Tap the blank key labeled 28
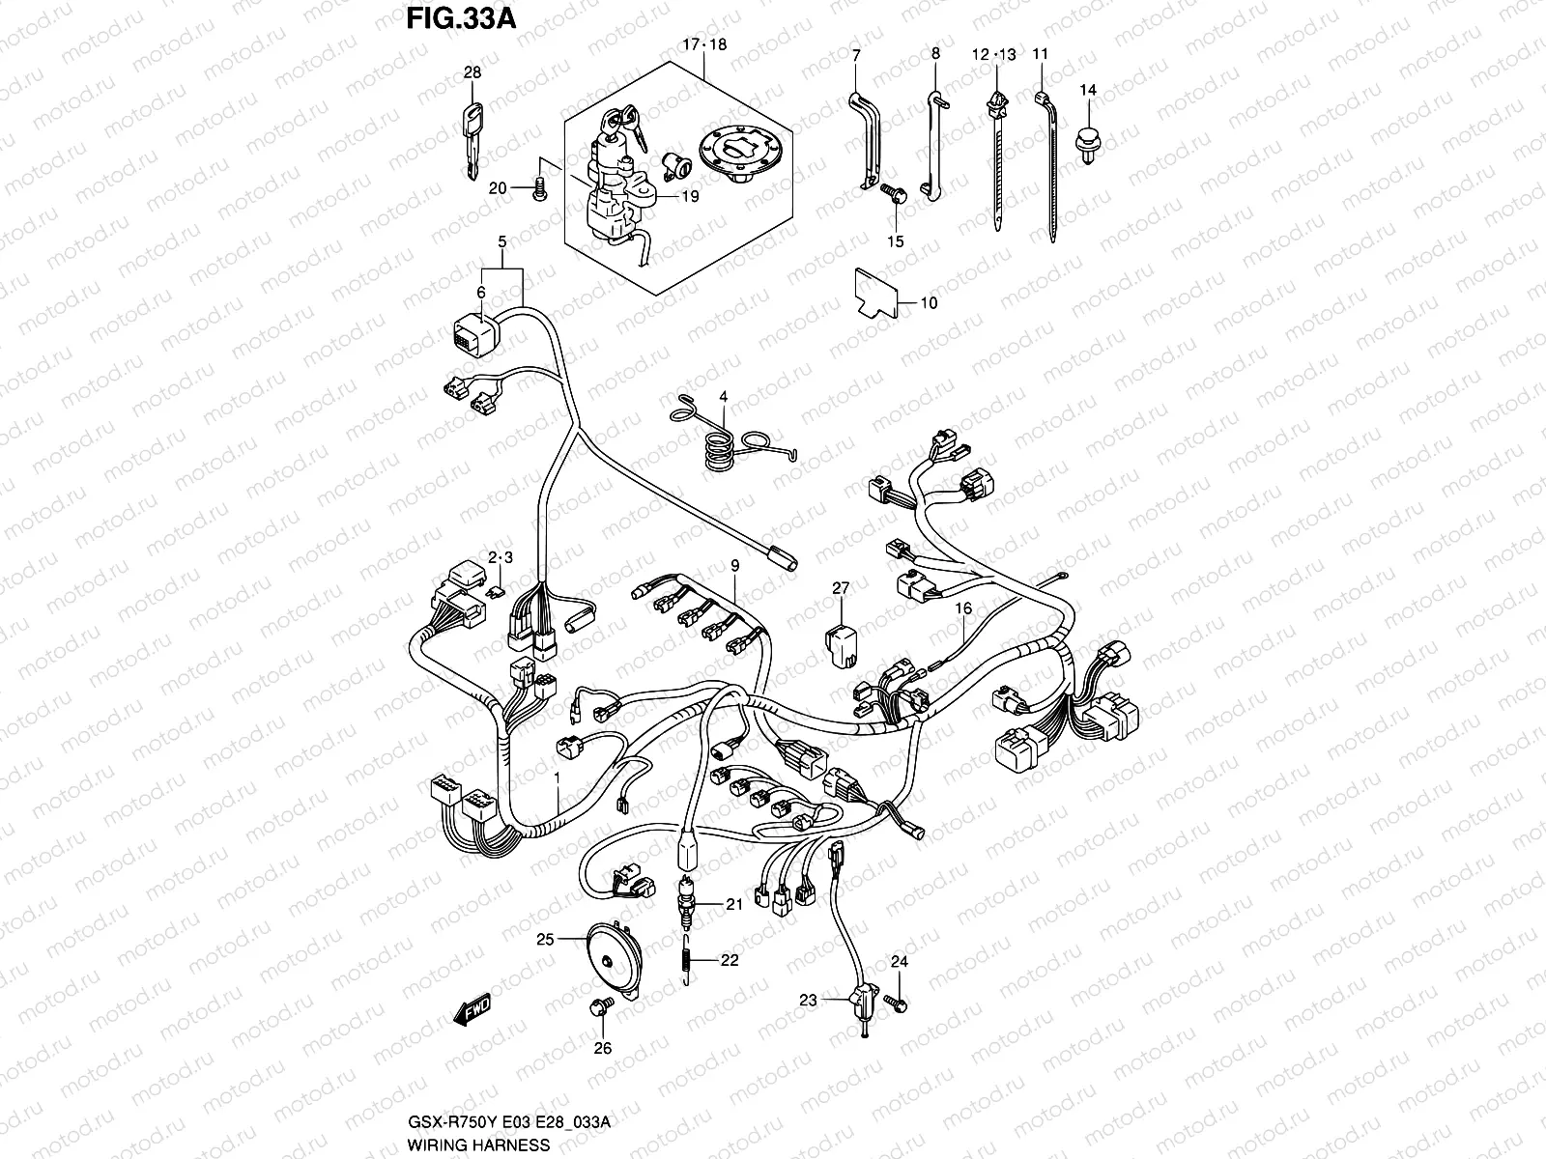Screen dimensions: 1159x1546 pyautogui.click(x=472, y=140)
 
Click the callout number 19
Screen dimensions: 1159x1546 pyautogui.click(x=689, y=195)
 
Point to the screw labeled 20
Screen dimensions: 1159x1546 pyautogui.click(x=540, y=188)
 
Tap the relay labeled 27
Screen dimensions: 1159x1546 pyautogui.click(x=840, y=644)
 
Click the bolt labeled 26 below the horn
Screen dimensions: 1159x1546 pyautogui.click(x=598, y=1009)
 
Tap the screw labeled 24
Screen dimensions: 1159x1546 pyautogui.click(x=901, y=1005)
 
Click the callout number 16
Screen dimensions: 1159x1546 pyautogui.click(x=962, y=608)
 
